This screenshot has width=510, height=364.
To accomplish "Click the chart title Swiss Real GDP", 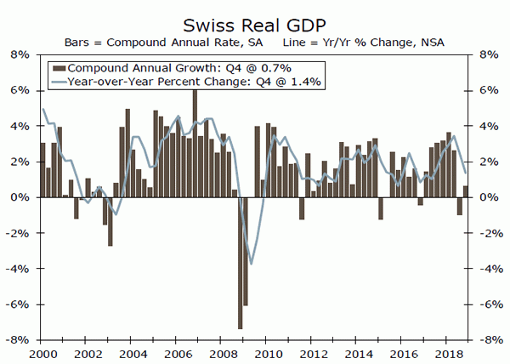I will point(254,19).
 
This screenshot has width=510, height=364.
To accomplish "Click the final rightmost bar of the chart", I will point(465,191).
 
